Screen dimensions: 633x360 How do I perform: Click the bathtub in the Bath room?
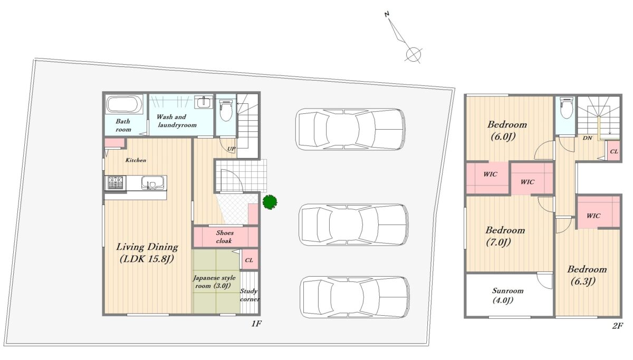point(124,104)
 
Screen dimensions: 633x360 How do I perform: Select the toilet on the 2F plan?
point(566,108)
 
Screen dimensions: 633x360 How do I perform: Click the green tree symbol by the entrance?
point(270,202)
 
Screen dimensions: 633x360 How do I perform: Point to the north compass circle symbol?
point(413,54)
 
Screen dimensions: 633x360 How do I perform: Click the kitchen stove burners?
point(115,183)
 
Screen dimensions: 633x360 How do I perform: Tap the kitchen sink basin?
point(152,183)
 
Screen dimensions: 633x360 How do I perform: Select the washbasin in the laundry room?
point(203,102)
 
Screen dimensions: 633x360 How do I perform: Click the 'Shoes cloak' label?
point(225,237)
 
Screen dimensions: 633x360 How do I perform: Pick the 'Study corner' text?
point(249,295)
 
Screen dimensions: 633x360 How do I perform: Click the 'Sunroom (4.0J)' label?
point(507,295)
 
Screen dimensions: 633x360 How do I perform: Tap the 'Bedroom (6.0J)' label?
point(507,130)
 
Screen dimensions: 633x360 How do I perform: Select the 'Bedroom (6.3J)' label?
point(587,275)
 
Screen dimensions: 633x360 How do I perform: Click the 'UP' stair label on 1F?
point(232,149)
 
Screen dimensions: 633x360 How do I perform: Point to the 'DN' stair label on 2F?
point(588,138)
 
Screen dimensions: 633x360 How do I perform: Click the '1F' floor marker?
point(256,324)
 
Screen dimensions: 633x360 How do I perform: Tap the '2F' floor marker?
point(618,326)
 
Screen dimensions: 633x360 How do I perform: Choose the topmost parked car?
point(350,129)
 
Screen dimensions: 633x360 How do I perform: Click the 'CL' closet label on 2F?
point(614,151)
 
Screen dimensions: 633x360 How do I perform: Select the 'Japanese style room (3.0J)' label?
point(215,282)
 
